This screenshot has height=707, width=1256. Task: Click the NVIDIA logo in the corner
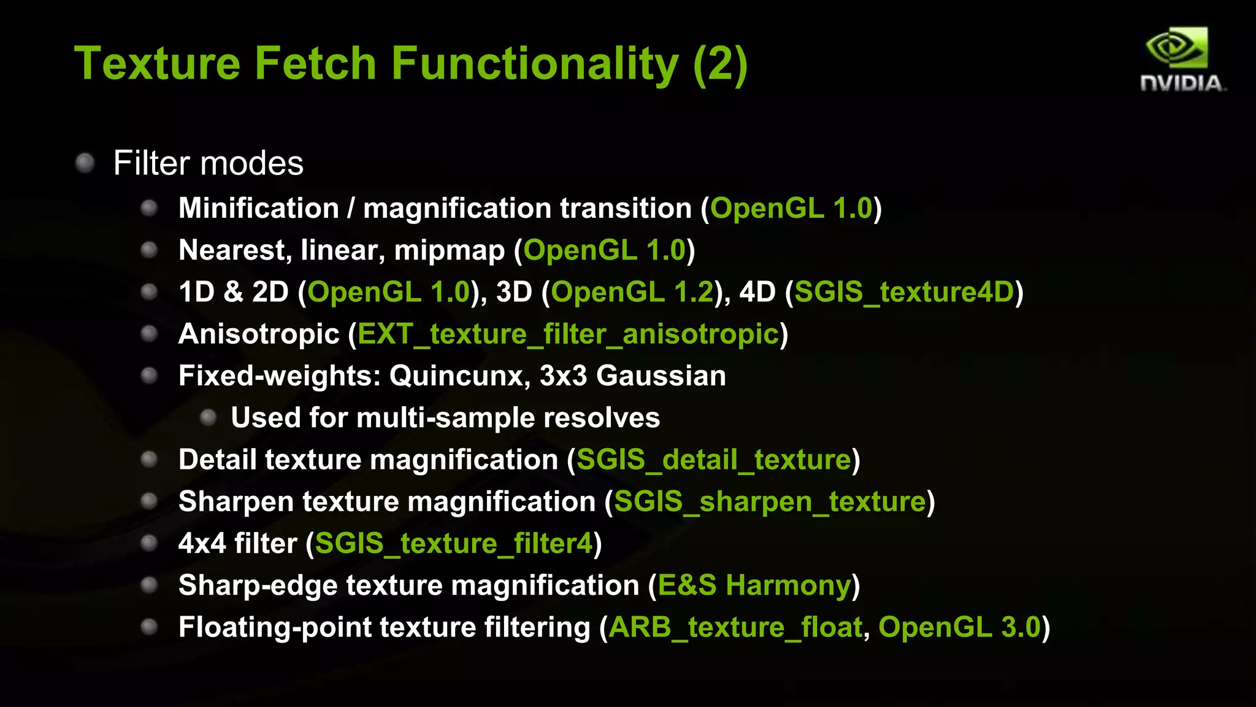pyautogui.click(x=1182, y=59)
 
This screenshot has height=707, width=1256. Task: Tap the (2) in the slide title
pyautogui.click(x=720, y=64)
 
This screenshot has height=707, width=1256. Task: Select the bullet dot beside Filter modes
pyautogui.click(x=85, y=163)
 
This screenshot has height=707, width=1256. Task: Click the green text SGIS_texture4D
pyautogui.click(x=904, y=292)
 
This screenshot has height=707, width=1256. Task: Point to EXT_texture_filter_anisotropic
pyautogui.click(x=568, y=334)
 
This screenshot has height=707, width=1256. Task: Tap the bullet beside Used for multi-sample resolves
pyautogui.click(x=209, y=418)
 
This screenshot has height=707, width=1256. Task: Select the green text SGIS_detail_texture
pyautogui.click(x=714, y=460)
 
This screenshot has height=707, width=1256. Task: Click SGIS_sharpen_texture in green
pyautogui.click(x=770, y=502)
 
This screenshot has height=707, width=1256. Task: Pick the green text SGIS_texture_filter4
pyautogui.click(x=454, y=544)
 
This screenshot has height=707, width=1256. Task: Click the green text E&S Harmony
pyautogui.click(x=754, y=585)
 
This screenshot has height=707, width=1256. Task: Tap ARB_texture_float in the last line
pyautogui.click(x=735, y=627)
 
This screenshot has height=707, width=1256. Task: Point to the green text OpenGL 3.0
pyautogui.click(x=959, y=627)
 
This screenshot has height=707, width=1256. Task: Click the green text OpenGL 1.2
pyautogui.click(x=632, y=292)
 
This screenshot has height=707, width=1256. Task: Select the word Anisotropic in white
pyautogui.click(x=259, y=334)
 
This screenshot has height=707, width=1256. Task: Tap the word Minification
pyautogui.click(x=258, y=209)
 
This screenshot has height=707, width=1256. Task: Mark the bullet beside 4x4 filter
pyautogui.click(x=150, y=543)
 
